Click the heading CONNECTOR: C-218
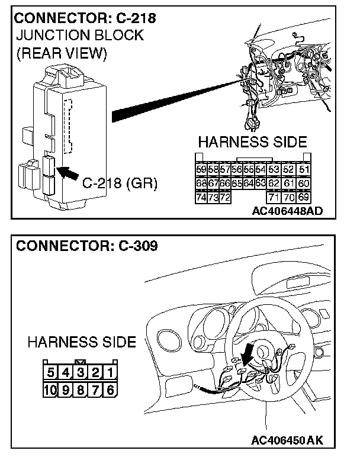[x=86, y=18]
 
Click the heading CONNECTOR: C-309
[x=86, y=246]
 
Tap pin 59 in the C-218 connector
[x=201, y=170]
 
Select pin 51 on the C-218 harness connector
[x=304, y=170]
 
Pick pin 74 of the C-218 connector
[x=201, y=197]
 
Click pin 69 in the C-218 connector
[x=304, y=197]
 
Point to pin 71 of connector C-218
[x=274, y=197]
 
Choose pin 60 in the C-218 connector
[x=304, y=183]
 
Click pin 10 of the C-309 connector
[x=52, y=390]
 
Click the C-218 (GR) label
[x=119, y=183]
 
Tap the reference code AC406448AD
[x=287, y=211]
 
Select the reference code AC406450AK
[x=287, y=440]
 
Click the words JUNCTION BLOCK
[x=81, y=36]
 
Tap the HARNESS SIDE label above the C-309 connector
[x=82, y=342]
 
